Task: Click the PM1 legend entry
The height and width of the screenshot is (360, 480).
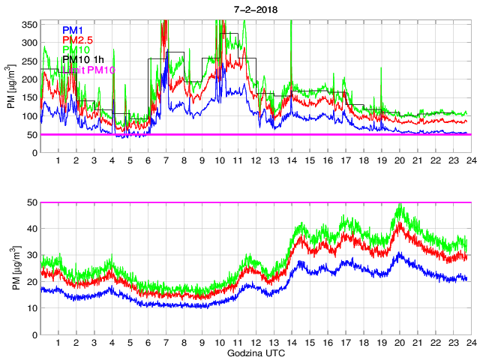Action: [73, 30]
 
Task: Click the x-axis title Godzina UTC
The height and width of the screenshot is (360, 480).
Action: [255, 352]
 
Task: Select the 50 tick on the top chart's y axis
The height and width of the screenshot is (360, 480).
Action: [32, 134]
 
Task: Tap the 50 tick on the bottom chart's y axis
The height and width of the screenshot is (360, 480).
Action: [32, 202]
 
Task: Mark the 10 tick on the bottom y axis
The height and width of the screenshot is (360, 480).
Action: [32, 307]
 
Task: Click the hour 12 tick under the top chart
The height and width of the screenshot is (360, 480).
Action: [256, 160]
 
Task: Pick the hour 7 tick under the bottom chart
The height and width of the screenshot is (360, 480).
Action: [166, 343]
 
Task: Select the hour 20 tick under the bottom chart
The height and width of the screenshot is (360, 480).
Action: [399, 343]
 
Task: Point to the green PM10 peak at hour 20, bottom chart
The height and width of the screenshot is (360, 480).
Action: [400, 205]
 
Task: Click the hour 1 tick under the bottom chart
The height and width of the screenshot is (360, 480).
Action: [58, 343]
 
